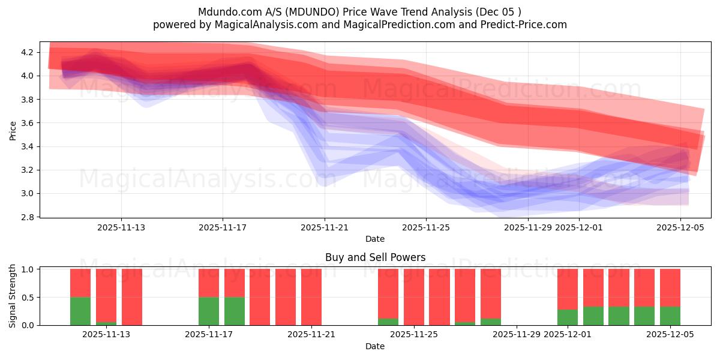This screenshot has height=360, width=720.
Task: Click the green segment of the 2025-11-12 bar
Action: click(x=80, y=311)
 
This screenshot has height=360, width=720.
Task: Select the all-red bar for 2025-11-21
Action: click(x=311, y=297)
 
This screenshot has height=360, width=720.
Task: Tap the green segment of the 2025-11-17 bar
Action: click(x=209, y=311)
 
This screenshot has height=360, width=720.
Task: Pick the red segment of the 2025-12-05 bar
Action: click(x=670, y=287)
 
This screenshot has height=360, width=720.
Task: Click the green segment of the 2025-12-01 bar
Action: click(x=568, y=317)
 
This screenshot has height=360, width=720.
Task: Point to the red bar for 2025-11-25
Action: click(x=414, y=297)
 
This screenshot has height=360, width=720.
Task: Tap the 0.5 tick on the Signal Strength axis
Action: click(x=29, y=297)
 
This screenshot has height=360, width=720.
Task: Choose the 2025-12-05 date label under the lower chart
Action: click(x=670, y=335)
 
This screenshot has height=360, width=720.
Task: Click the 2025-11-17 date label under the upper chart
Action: click(x=223, y=227)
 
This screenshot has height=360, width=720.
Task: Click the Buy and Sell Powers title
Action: click(x=375, y=257)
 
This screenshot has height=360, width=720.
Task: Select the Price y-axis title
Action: click(x=13, y=130)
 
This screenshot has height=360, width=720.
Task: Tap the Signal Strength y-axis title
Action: click(x=13, y=296)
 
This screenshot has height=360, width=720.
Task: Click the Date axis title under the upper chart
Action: click(x=375, y=239)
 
